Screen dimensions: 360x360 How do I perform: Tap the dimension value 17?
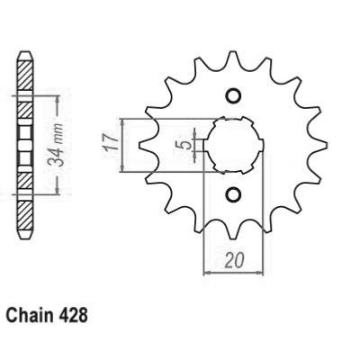pos(109,145)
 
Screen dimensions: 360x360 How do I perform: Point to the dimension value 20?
pos(233,260)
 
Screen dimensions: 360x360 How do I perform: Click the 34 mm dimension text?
pos(57,145)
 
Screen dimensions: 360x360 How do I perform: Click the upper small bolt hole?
pos(233,95)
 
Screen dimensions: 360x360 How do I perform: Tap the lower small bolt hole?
pos(233,195)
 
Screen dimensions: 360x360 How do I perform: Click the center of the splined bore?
pos(233,146)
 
